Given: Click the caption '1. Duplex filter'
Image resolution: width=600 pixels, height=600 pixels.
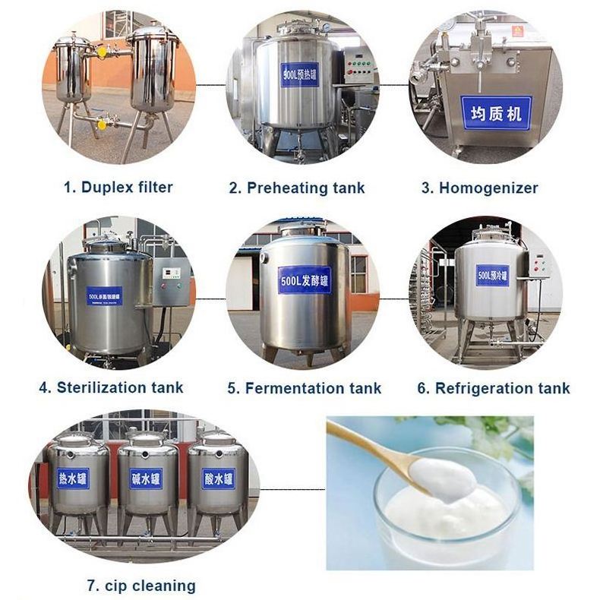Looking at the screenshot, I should tap(118, 187).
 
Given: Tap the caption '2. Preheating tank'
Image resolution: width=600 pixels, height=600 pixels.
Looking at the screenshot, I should tap(297, 188).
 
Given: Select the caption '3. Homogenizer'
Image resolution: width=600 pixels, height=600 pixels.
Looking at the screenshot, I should tap(479, 188).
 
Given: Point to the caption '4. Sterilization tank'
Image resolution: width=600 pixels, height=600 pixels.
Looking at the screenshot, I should tap(111, 387).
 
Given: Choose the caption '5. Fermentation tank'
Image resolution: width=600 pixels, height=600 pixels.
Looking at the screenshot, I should tap(304, 388).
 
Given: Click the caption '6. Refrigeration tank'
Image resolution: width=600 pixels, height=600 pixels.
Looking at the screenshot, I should tap(493, 388).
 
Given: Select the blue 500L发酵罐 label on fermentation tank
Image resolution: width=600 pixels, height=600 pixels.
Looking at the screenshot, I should tap(304, 279).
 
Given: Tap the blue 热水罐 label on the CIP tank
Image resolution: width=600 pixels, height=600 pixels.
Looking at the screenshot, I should tap(73, 478).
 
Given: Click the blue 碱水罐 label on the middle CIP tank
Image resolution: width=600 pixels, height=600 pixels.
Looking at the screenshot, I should tap(146, 478).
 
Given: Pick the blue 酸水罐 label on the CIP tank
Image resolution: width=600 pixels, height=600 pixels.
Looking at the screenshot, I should tap(217, 478).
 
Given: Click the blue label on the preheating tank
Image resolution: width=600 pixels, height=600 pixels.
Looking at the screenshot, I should tap(299, 74).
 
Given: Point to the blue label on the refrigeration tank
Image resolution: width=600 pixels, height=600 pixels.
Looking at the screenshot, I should tap(492, 275).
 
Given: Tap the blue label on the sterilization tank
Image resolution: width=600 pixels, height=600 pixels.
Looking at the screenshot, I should tap(104, 295).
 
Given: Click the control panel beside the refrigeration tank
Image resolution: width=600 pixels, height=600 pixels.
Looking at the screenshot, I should tap(538, 265).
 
